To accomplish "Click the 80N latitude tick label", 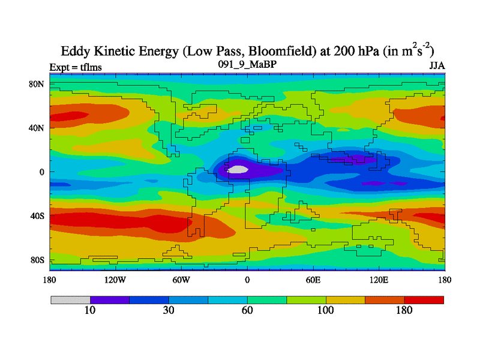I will click(37, 84).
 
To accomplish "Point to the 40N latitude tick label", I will click(37, 128).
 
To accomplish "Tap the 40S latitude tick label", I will click(38, 216).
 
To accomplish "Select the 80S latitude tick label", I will click(38, 260).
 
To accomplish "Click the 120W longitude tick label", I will click(115, 280).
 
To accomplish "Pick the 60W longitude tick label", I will click(181, 280).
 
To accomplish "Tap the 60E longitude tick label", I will click(313, 280).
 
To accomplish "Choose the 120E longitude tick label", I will click(379, 280).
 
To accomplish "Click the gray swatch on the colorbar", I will click(70, 299).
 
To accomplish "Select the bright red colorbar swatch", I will click(424, 299).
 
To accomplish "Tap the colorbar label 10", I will click(90, 310).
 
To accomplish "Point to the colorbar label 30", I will click(169, 310).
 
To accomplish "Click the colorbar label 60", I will click(247, 310).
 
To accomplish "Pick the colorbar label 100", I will click(326, 310).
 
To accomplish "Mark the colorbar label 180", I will click(404, 310).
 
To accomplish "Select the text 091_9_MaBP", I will click(247, 64).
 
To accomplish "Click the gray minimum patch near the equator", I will click(238, 170).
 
